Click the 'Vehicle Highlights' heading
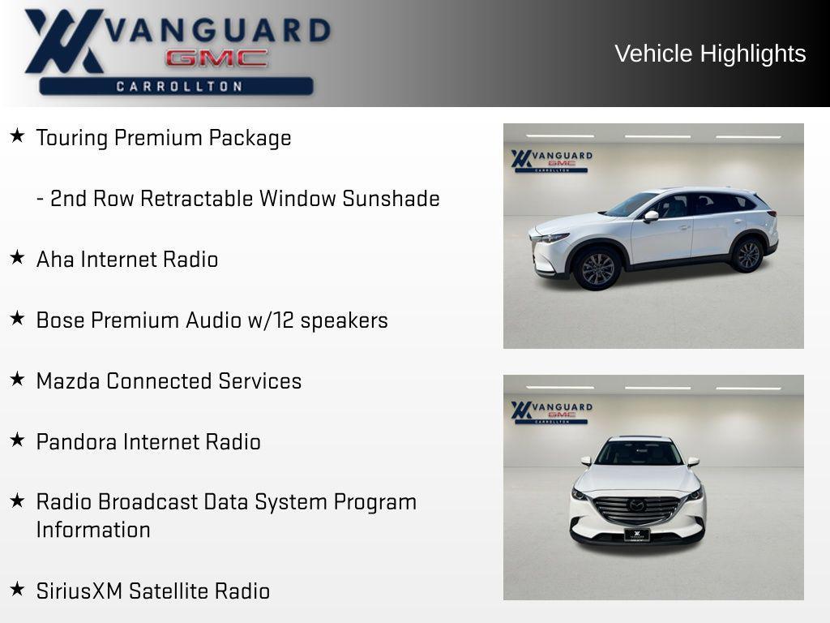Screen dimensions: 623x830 tap(710, 54)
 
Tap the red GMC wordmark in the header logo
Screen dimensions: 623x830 tap(216, 58)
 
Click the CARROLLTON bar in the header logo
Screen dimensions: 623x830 tap(177, 86)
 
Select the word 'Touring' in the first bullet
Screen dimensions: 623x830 tap(72, 138)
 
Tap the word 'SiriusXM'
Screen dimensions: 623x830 tap(79, 591)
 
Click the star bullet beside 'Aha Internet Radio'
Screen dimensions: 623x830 tap(17, 258)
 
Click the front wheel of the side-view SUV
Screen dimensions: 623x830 tap(597, 269)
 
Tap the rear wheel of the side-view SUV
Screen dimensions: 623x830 tap(747, 255)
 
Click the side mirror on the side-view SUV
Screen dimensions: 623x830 tap(651, 216)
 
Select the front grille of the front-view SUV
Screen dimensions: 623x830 tap(637, 509)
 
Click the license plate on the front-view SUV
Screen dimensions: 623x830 tap(637, 535)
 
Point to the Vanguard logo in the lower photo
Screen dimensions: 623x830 tap(551, 410)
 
